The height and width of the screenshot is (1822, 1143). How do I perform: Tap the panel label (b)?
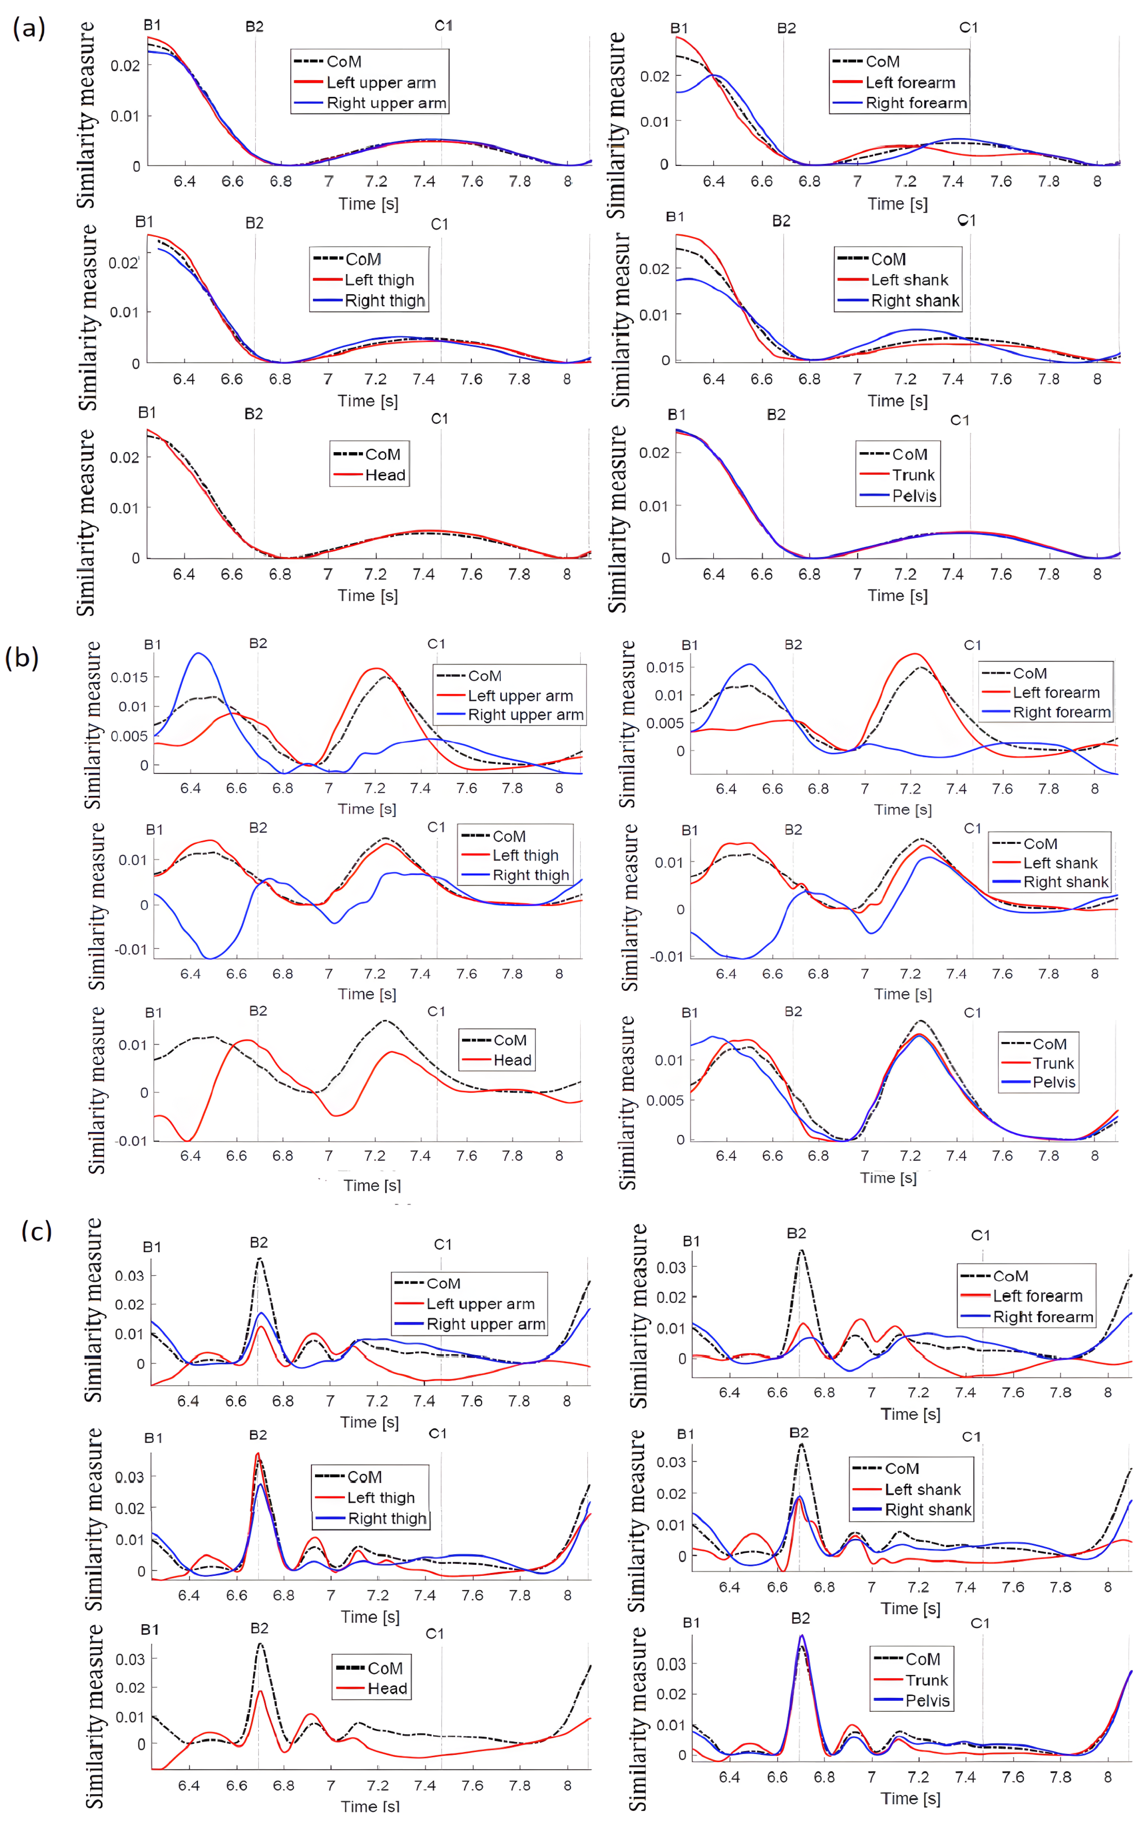(22, 657)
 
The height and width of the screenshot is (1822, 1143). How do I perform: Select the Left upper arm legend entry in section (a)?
(381, 82)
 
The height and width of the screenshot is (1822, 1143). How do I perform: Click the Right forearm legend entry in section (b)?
(1061, 712)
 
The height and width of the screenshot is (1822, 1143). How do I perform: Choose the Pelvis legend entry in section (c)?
(928, 1700)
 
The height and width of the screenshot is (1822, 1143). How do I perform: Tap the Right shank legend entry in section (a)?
(915, 301)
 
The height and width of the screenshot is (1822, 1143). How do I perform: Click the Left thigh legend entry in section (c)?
(381, 1498)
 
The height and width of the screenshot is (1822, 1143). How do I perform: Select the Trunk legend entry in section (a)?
(913, 475)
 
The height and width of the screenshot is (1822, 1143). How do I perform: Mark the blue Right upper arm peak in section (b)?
(198, 654)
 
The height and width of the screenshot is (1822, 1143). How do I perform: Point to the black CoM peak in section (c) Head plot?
(260, 1644)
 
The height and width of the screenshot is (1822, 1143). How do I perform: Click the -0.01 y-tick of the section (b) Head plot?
(131, 1140)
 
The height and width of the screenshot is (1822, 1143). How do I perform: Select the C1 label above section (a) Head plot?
(439, 419)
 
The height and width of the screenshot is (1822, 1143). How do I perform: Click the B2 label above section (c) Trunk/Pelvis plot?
(801, 1618)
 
